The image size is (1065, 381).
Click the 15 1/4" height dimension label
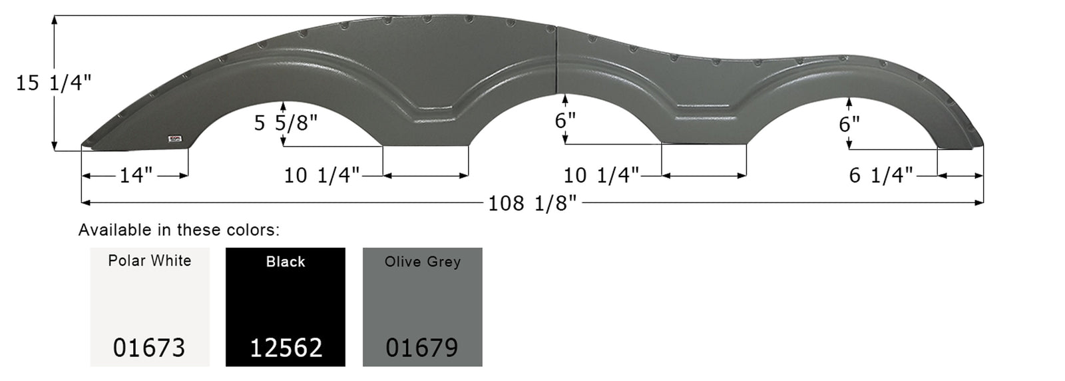pyautogui.click(x=54, y=83)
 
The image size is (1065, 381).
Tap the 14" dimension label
pyautogui.click(x=136, y=175)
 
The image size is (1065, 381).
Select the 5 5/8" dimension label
pyautogui.click(x=286, y=123)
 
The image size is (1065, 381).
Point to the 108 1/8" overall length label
pyautogui.click(x=532, y=202)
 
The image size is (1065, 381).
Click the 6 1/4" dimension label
pyautogui.click(x=881, y=175)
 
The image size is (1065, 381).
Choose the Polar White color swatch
pyautogui.click(x=150, y=306)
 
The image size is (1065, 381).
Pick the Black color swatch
pyautogui.click(x=286, y=306)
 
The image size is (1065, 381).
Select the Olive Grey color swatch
pyautogui.click(x=422, y=306)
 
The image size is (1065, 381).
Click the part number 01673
pyautogui.click(x=149, y=347)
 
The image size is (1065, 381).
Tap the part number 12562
pyautogui.click(x=286, y=347)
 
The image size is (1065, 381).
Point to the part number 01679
pyautogui.click(x=422, y=347)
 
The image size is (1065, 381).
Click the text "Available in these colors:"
pyautogui.click(x=179, y=230)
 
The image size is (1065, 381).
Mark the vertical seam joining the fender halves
pyautogui.click(x=556, y=60)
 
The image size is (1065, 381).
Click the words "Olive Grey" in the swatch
pyautogui.click(x=422, y=262)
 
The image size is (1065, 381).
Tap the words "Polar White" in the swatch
pyautogui.click(x=150, y=260)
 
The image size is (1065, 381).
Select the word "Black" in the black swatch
pyautogui.click(x=286, y=262)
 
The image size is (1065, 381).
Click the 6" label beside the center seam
pyautogui.click(x=565, y=121)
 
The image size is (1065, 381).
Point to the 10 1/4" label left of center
pyautogui.click(x=321, y=175)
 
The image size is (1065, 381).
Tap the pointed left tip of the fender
pyautogui.click(x=84, y=145)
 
